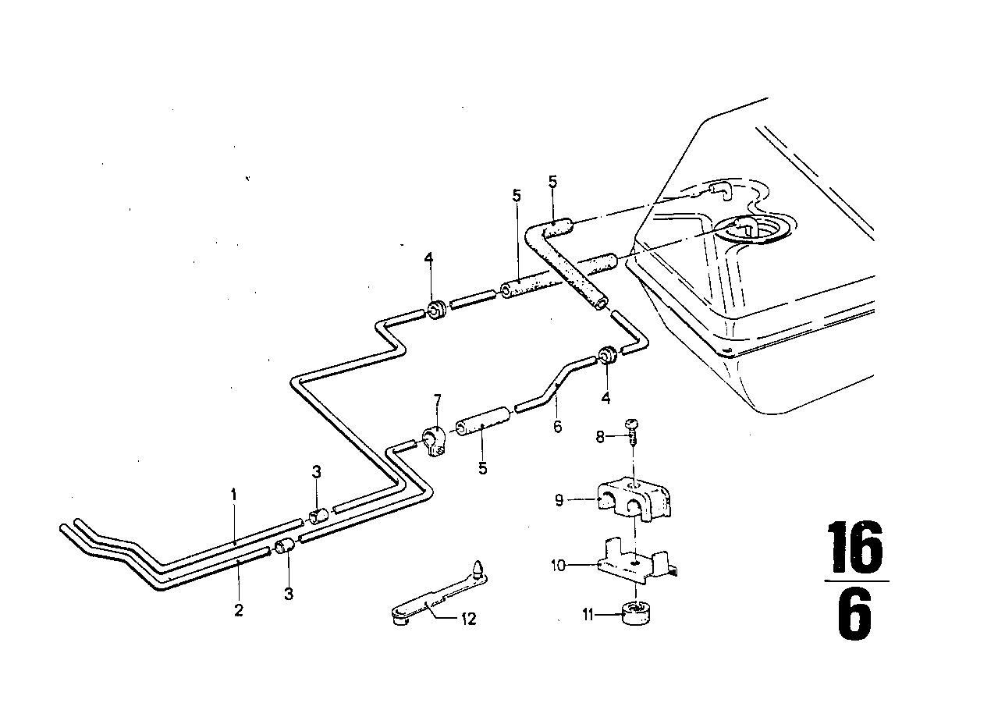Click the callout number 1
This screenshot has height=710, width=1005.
coord(233,495)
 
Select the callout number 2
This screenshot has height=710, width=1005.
coord(238,609)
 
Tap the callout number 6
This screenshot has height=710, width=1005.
coord(557,427)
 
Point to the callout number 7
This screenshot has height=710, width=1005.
coord(437,400)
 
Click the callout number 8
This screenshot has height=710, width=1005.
coord(600,437)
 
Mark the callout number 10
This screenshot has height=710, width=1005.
coord(558,566)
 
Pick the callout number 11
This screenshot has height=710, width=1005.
coord(588,615)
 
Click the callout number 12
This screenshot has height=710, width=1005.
coord(467,619)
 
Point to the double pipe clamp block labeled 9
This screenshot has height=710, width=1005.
coord(634,502)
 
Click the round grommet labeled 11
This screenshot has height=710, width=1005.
coord(635,612)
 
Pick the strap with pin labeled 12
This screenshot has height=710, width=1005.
coord(438,592)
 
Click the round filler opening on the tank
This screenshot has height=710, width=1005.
coord(755,232)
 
